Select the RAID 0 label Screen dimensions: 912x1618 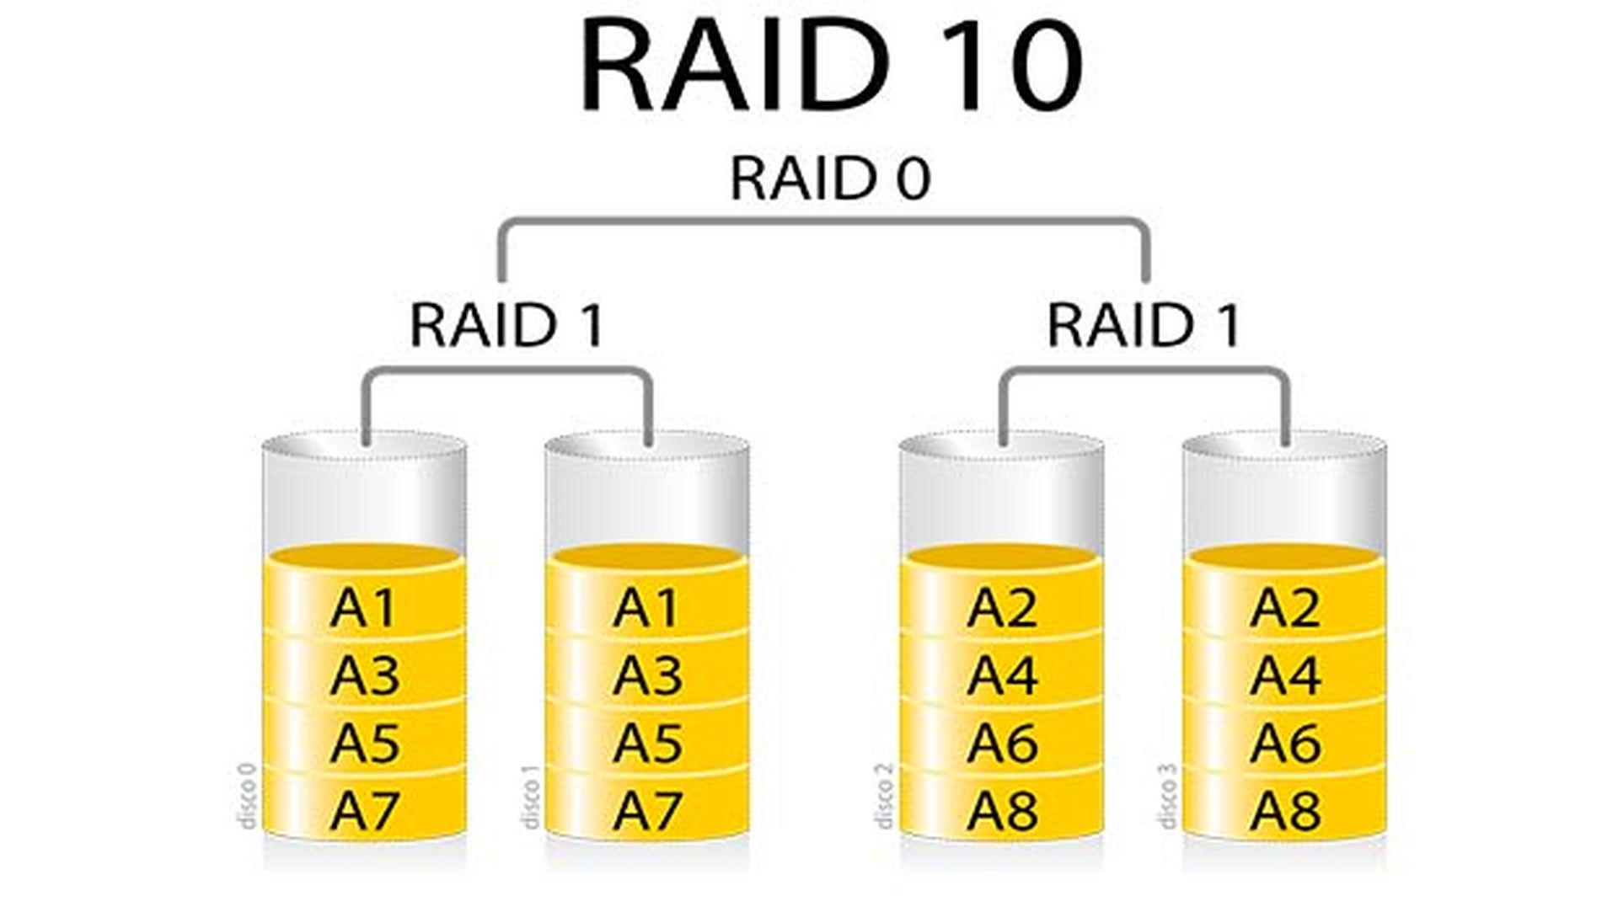point(830,179)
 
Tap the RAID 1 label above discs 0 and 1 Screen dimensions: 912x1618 point(506,325)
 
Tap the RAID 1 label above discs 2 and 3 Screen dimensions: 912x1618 point(1144,325)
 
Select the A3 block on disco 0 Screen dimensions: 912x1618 point(364,675)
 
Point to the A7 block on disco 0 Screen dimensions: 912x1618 point(364,810)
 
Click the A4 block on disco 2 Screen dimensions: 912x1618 point(1001,675)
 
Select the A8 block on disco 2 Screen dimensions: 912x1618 point(1001,810)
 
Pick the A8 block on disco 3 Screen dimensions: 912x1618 point(1284,810)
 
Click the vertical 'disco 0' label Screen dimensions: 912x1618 point(247,796)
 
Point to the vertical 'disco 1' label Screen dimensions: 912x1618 point(530,797)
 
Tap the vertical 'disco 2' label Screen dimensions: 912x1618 point(884,797)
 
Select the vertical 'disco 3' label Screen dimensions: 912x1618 point(1167,797)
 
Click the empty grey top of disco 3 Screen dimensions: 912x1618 point(1284,497)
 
